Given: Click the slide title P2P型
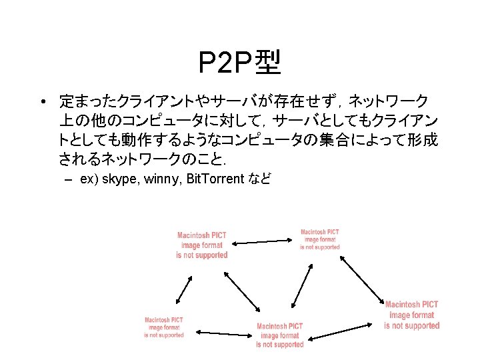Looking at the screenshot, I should point(240,63).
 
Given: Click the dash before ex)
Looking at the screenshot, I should point(68,180).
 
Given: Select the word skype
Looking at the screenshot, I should point(122,180).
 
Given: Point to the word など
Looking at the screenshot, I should point(259,180).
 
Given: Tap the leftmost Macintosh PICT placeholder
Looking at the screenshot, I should point(164,327).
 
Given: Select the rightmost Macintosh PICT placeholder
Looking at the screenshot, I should point(412,315).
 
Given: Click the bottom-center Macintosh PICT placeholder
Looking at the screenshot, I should point(280,335).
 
